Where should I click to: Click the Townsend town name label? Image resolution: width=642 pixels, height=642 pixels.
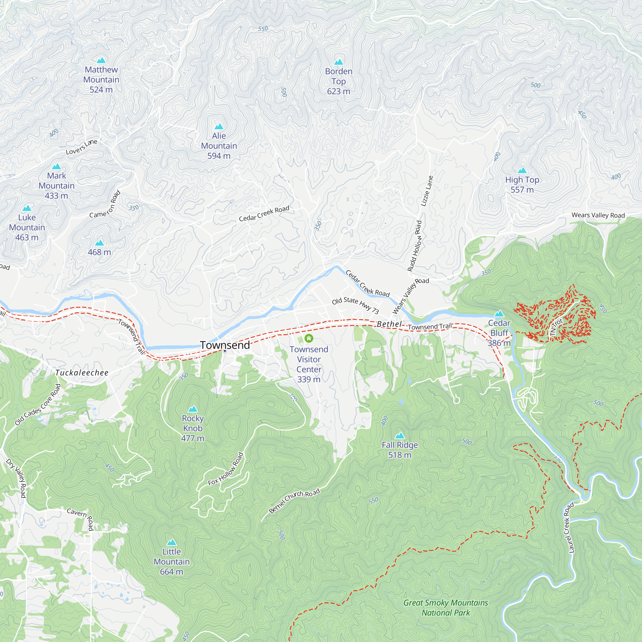(225, 345)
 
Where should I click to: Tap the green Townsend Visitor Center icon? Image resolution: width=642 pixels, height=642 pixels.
(309, 338)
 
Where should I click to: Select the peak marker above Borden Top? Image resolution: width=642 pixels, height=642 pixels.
(338, 62)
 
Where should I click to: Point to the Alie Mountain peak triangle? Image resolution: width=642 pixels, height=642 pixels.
(219, 126)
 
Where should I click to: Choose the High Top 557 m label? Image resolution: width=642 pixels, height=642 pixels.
(522, 185)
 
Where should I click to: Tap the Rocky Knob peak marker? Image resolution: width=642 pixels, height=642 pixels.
(192, 409)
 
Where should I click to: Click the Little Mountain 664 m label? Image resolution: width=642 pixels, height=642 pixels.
(171, 561)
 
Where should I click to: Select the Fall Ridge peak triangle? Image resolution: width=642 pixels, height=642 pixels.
(399, 436)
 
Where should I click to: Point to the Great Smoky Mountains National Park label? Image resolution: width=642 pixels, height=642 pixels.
(445, 607)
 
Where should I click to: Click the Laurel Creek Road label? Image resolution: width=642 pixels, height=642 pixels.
(569, 528)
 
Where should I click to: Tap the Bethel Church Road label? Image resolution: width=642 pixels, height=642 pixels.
(294, 501)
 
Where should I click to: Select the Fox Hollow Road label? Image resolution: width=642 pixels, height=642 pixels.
(226, 469)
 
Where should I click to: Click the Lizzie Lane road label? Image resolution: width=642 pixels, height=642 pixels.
(427, 191)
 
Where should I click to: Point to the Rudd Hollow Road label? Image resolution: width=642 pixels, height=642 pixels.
(414, 246)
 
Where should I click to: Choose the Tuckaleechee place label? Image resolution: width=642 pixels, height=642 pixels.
(82, 373)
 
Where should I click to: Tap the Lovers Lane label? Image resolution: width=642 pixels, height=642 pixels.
(82, 147)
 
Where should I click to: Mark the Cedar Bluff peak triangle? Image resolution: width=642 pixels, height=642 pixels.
(499, 314)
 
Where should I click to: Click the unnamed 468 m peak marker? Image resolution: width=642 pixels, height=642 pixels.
(100, 243)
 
